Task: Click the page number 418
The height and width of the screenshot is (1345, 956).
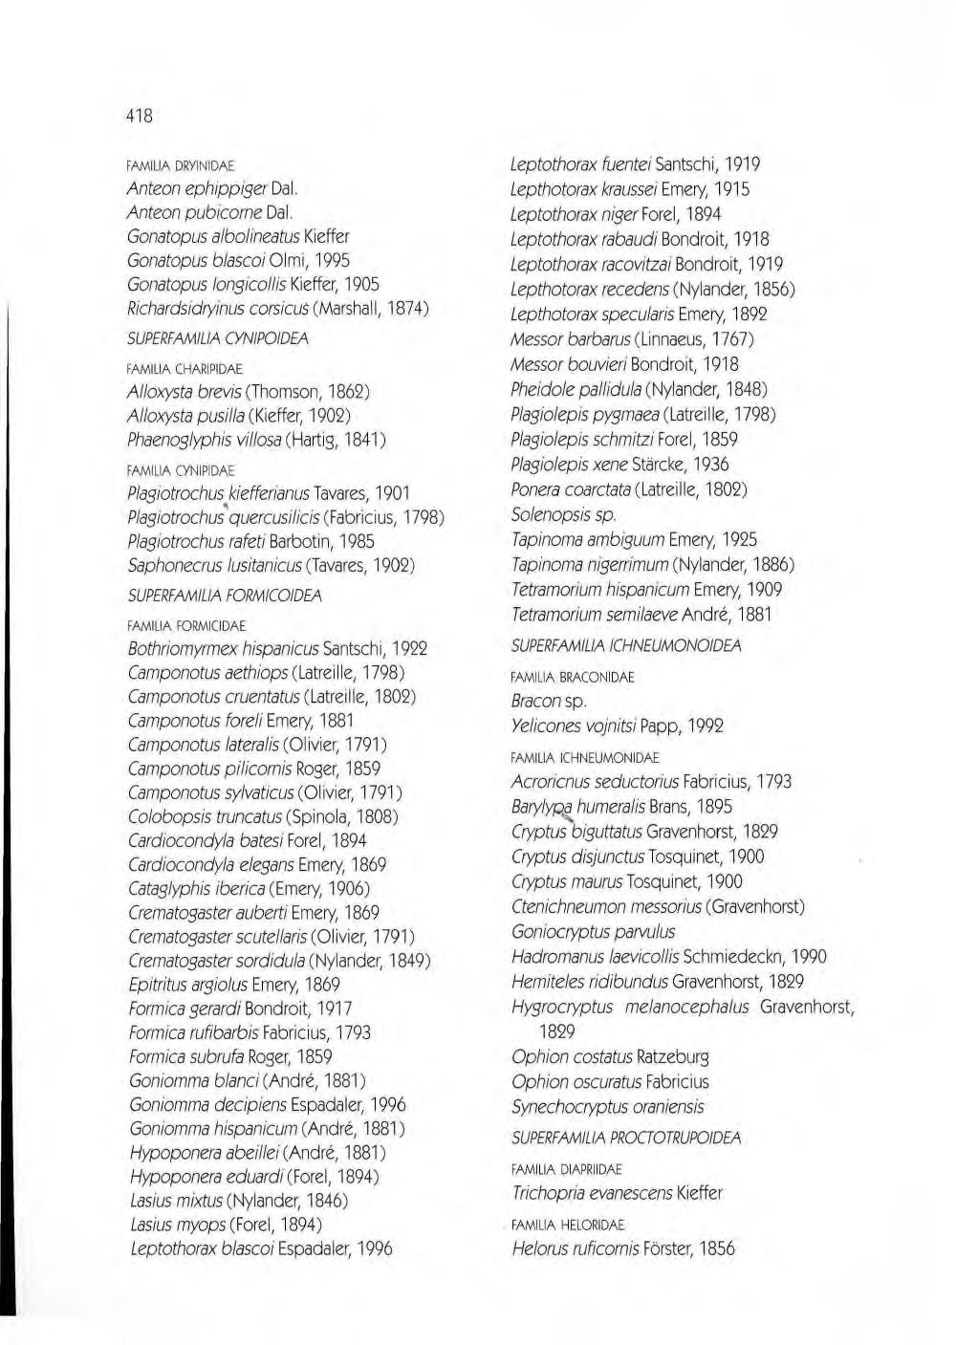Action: click(x=140, y=115)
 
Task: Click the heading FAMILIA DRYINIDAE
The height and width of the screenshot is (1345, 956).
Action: click(x=181, y=165)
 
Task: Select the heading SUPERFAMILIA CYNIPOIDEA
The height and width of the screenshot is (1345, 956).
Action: click(x=218, y=338)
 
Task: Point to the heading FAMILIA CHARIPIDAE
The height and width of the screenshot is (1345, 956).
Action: click(x=185, y=369)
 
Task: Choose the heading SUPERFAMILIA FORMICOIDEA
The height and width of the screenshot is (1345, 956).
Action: click(x=225, y=596)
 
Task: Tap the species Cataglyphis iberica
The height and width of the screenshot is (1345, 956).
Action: click(x=196, y=889)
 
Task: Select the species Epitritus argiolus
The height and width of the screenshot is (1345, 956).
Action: click(x=187, y=985)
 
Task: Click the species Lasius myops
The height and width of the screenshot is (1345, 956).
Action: click(x=177, y=1225)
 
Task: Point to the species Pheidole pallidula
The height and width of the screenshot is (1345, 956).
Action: click(x=576, y=389)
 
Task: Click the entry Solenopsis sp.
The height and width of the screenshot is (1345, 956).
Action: click(x=563, y=514)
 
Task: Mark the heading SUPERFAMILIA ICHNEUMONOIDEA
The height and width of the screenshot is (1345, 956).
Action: click(x=626, y=646)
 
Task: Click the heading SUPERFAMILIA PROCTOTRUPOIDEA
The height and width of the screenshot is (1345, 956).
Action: click(x=626, y=1139)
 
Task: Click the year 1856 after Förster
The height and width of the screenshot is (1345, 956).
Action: click(x=717, y=1248)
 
